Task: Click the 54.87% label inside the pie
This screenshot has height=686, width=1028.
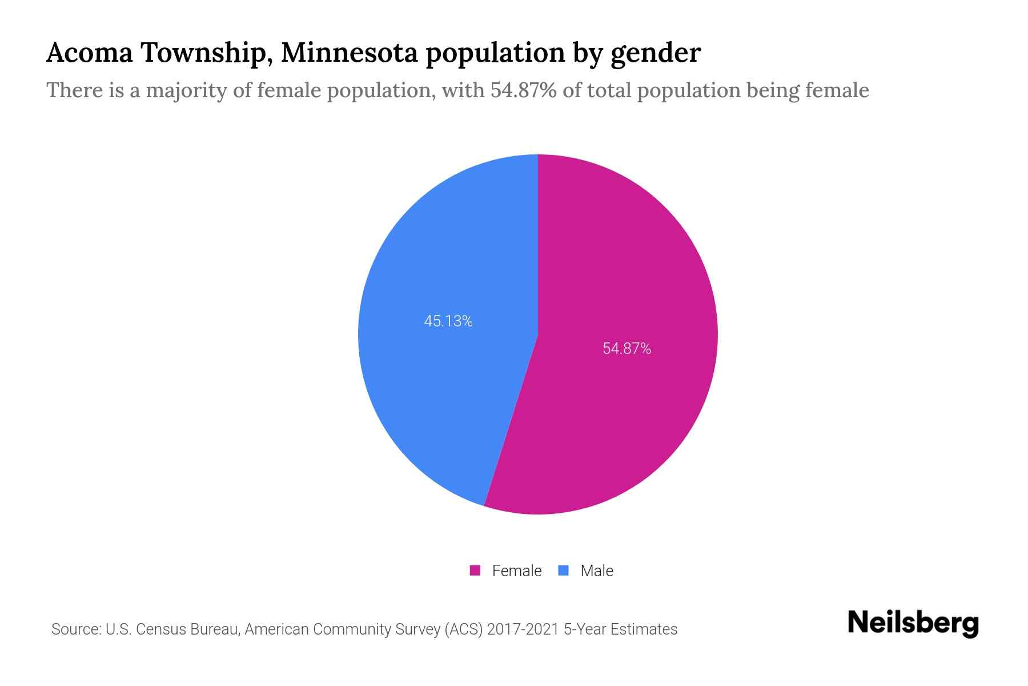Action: [627, 349]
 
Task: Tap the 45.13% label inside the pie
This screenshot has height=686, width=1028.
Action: [448, 321]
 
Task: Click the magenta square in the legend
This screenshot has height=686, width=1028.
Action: [475, 571]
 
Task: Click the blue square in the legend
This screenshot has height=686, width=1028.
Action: [563, 571]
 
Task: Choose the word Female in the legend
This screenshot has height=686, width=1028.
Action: [516, 571]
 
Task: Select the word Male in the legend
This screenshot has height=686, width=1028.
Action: [596, 571]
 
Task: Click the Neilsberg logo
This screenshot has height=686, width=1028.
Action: [913, 623]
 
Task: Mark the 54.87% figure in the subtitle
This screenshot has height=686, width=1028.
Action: [523, 90]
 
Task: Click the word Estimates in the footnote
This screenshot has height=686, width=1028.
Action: [644, 629]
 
